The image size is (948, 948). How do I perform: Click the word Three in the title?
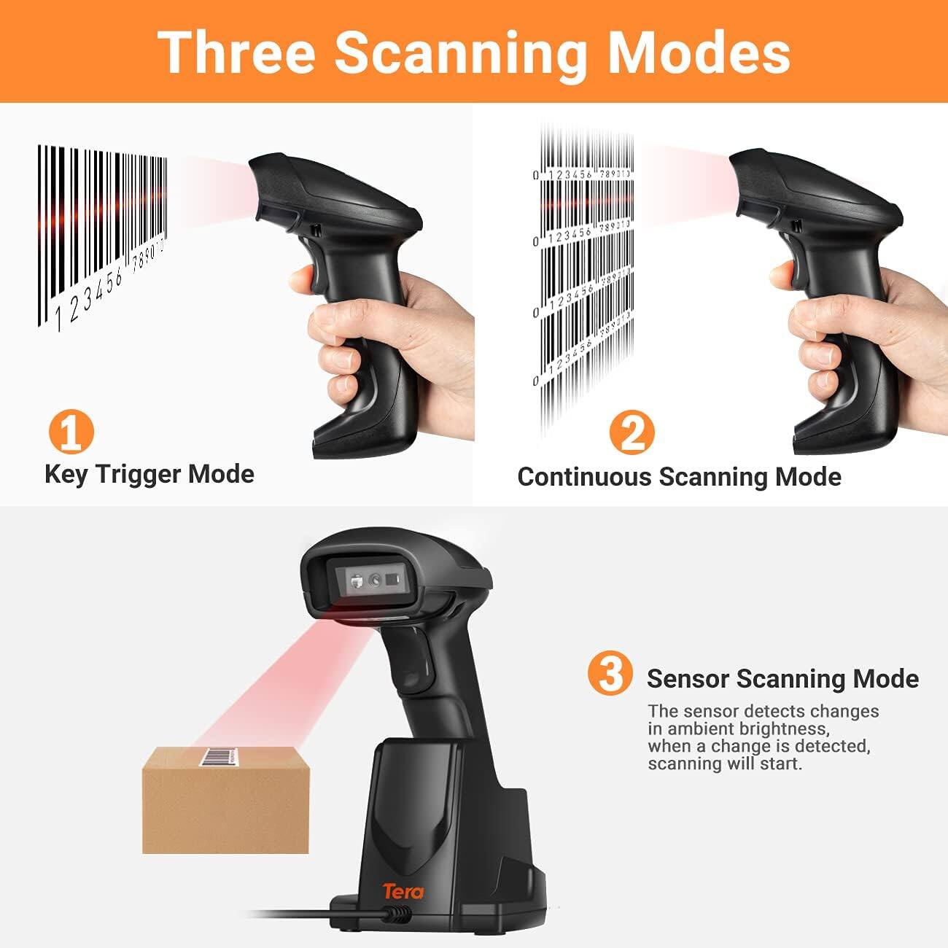click(236, 52)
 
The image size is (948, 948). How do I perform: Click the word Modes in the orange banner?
click(699, 52)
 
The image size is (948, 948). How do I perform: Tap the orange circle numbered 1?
click(71, 432)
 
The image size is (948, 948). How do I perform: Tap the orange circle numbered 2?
click(632, 432)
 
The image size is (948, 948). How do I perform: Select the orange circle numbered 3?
click(610, 674)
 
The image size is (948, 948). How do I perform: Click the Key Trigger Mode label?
click(149, 474)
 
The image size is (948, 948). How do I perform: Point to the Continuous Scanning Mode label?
click(679, 477)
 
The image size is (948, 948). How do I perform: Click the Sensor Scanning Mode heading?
click(782, 678)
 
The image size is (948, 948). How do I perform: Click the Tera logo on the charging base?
click(403, 890)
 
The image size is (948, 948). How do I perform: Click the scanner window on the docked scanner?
click(373, 581)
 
